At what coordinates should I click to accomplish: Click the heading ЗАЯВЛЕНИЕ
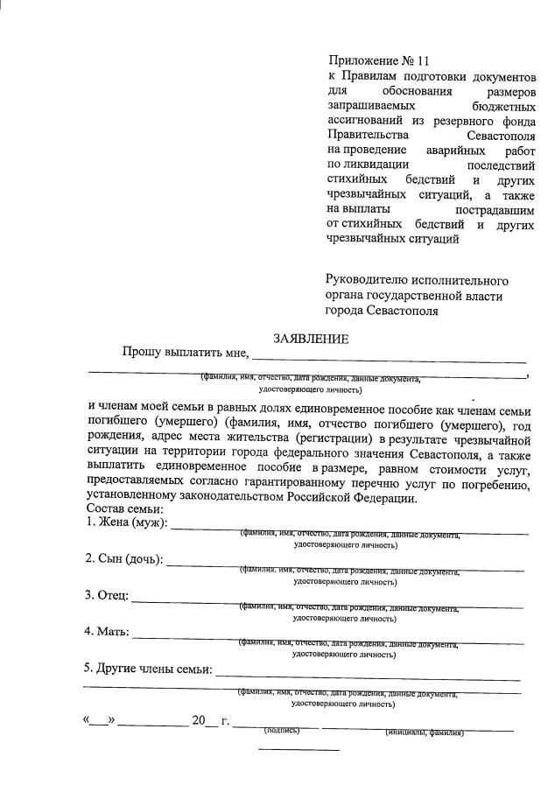click(x=312, y=339)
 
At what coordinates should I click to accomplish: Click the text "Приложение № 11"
click(x=379, y=60)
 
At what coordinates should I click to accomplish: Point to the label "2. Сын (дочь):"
click(x=124, y=559)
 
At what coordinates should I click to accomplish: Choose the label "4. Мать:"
click(x=108, y=631)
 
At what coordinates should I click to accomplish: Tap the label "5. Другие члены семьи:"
click(x=148, y=669)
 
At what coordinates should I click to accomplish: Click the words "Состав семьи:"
click(x=127, y=509)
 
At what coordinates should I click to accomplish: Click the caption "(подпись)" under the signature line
click(x=282, y=729)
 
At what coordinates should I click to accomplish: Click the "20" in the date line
click(x=199, y=721)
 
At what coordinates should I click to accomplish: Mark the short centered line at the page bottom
click(x=299, y=750)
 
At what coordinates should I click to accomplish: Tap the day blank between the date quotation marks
click(x=99, y=723)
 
